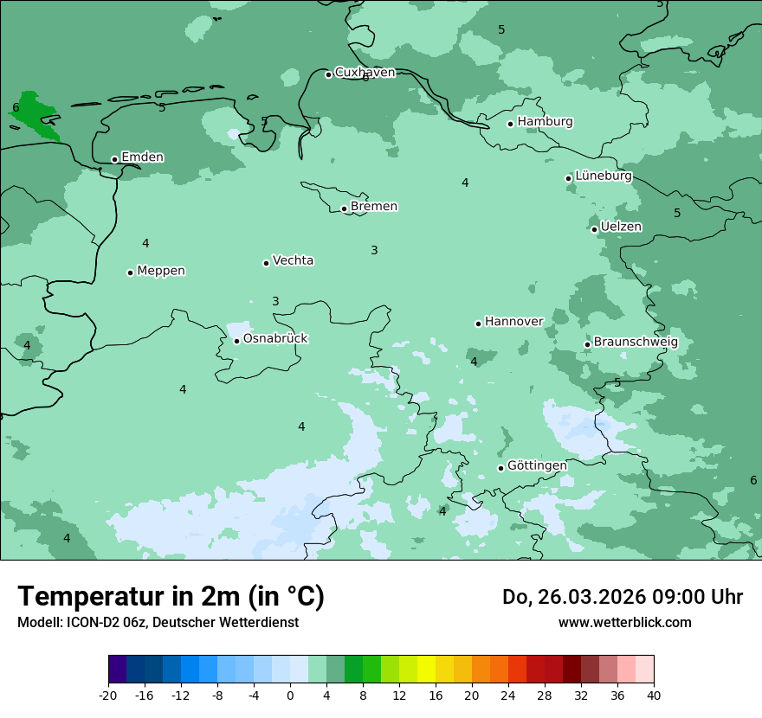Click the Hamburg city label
(x=545, y=122)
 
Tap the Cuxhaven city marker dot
(x=328, y=74)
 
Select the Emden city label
(x=142, y=157)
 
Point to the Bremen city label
(x=374, y=207)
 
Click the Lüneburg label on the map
(x=604, y=176)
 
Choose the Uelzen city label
(x=621, y=228)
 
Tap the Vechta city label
(x=293, y=260)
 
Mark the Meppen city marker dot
(x=130, y=272)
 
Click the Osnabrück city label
(x=275, y=339)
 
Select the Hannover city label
(x=513, y=322)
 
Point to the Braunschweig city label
(x=636, y=343)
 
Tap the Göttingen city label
(x=537, y=465)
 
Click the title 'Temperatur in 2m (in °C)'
(x=171, y=597)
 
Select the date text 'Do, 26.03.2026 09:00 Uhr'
(x=623, y=597)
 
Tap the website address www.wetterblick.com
(x=624, y=623)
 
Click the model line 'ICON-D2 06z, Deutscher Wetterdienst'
(x=158, y=623)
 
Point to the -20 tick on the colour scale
(x=108, y=696)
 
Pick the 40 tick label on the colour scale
(x=654, y=696)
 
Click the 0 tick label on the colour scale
(x=290, y=696)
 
